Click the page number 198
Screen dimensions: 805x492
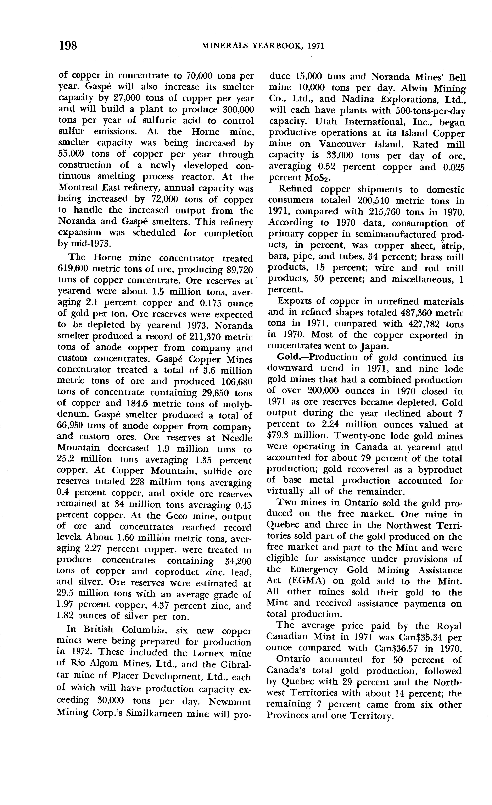[68, 45]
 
